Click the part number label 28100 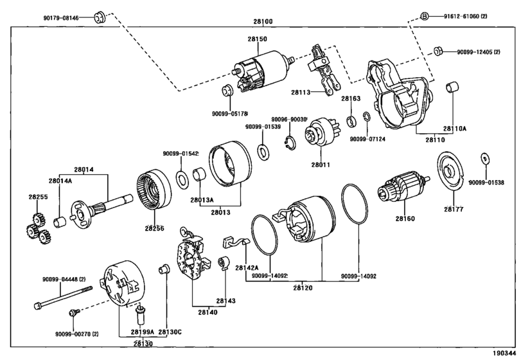pyautogui.click(x=263, y=22)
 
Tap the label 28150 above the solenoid pyautogui.click(x=257, y=39)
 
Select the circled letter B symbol pyautogui.click(x=424, y=16)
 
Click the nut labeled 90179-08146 pyautogui.click(x=98, y=17)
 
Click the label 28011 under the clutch pyautogui.click(x=321, y=165)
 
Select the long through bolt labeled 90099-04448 pyautogui.click(x=63, y=297)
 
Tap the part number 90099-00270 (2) pyautogui.click(x=76, y=334)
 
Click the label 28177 pyautogui.click(x=454, y=209)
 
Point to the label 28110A pyautogui.click(x=455, y=129)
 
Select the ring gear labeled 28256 pyautogui.click(x=154, y=190)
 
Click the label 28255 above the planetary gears pyautogui.click(x=38, y=197)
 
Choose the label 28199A pyautogui.click(x=142, y=332)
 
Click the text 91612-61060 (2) pyautogui.click(x=466, y=16)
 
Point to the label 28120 pyautogui.click(x=303, y=288)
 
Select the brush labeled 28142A pyautogui.click(x=236, y=242)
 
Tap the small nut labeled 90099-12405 pyautogui.click(x=437, y=51)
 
